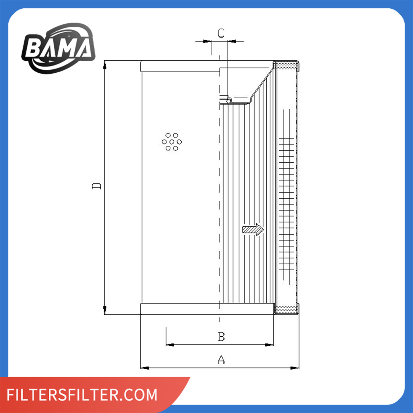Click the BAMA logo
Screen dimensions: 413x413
pyautogui.click(x=58, y=47)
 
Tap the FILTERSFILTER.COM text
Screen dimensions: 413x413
pyautogui.click(x=82, y=394)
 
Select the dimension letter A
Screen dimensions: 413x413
pyautogui.click(x=221, y=360)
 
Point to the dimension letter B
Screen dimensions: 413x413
pyautogui.click(x=221, y=337)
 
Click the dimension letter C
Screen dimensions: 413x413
pyautogui.click(x=221, y=33)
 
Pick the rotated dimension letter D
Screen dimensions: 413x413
pyautogui.click(x=96, y=186)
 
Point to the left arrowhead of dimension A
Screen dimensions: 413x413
pyautogui.click(x=144, y=367)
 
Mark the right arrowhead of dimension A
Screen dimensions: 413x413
pyautogui.click(x=295, y=367)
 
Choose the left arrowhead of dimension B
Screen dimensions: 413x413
pyautogui.click(x=169, y=344)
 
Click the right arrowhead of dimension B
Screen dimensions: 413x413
pyautogui.click(x=270, y=344)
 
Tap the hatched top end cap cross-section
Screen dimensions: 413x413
pyautogui.click(x=286, y=65)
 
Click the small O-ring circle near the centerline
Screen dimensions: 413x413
pyautogui.click(x=225, y=99)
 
